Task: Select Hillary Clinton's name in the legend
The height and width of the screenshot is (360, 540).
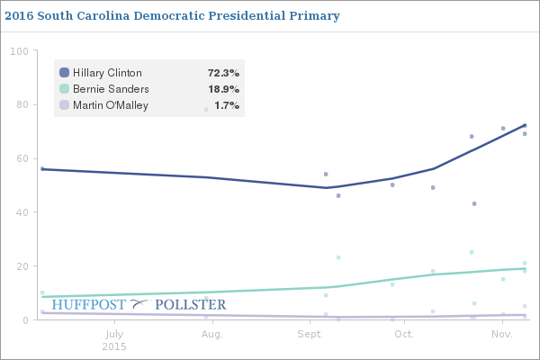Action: (x=107, y=73)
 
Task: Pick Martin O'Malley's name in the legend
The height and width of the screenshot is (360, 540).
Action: (x=110, y=105)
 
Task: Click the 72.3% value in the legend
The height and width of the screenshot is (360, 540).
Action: (x=223, y=73)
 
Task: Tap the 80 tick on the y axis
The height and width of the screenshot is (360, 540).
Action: (x=22, y=104)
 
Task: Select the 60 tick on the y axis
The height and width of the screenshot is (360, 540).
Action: (x=22, y=158)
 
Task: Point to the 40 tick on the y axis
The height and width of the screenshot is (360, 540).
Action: (x=22, y=212)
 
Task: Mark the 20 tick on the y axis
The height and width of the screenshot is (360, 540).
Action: (x=22, y=266)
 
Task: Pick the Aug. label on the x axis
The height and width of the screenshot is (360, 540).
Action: (x=211, y=334)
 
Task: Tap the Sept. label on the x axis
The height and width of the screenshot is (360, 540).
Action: (x=310, y=334)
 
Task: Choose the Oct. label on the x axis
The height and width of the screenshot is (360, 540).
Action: (x=403, y=334)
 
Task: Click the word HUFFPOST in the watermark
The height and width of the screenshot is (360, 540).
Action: (x=89, y=305)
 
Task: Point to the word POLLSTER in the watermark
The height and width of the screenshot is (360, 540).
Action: (x=191, y=305)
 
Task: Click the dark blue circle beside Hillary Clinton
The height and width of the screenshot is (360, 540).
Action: (x=64, y=73)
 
